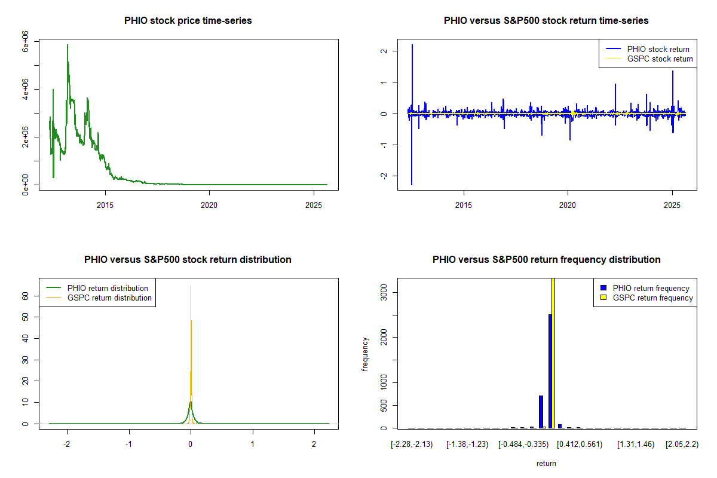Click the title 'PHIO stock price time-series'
tap(188, 21)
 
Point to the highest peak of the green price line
tap(68, 45)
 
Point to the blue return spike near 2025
tap(673, 72)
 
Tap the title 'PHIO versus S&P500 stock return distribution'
tap(188, 260)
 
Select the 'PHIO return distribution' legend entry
tap(108, 288)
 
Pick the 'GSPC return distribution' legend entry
tap(109, 298)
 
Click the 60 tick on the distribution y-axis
tap(26, 295)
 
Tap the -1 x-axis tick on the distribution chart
tap(128, 445)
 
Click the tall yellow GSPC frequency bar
tap(553, 353)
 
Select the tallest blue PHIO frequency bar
tap(550, 370)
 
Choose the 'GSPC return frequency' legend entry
tap(652, 298)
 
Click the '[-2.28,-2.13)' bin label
tap(412, 445)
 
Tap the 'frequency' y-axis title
tap(365, 354)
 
